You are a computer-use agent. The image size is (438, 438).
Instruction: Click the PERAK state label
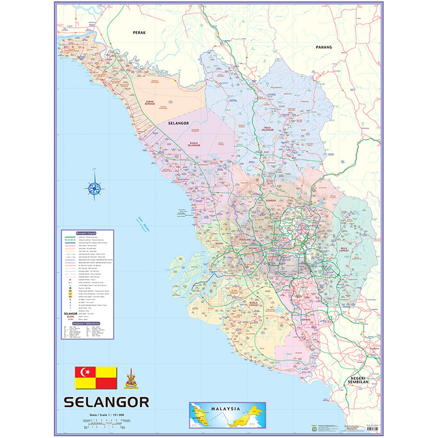[x=139, y=32]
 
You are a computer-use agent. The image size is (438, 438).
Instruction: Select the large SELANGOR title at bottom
[x=106, y=402]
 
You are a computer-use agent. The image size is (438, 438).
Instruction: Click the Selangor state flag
[x=96, y=378]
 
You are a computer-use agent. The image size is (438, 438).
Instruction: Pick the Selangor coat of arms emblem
[x=131, y=379]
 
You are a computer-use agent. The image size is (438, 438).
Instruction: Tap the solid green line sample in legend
[x=71, y=237]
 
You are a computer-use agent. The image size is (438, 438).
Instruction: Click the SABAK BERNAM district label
[x=150, y=104]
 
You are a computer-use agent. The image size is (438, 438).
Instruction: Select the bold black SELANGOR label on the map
[x=178, y=124]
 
